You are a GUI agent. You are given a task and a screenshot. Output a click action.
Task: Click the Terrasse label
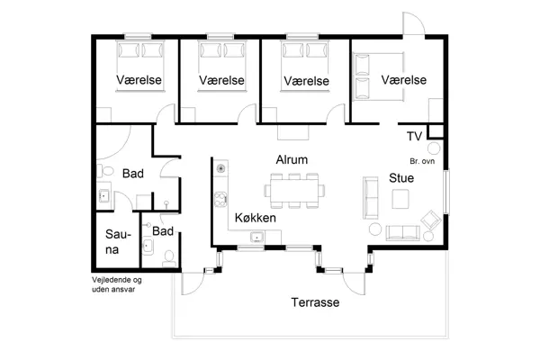[314, 303]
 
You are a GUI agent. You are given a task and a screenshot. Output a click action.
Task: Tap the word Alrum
[292, 159]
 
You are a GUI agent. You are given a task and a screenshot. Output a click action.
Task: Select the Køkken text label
[255, 218]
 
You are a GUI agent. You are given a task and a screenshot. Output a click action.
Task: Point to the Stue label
[401, 178]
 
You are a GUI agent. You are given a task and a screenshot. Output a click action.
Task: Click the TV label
[414, 137]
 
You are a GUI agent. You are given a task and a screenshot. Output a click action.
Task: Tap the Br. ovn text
[422, 161]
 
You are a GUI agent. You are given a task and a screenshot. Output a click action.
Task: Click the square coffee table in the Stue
[401, 202]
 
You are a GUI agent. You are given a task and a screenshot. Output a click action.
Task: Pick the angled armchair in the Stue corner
[430, 218]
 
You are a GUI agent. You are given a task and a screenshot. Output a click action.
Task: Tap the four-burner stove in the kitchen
[220, 168]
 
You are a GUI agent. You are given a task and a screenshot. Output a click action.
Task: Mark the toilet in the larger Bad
[104, 171]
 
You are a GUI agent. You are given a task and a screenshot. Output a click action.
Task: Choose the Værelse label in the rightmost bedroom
[402, 81]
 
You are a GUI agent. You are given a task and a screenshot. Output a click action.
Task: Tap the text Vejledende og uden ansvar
[117, 284]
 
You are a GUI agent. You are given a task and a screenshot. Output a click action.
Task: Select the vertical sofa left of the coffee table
[370, 198]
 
